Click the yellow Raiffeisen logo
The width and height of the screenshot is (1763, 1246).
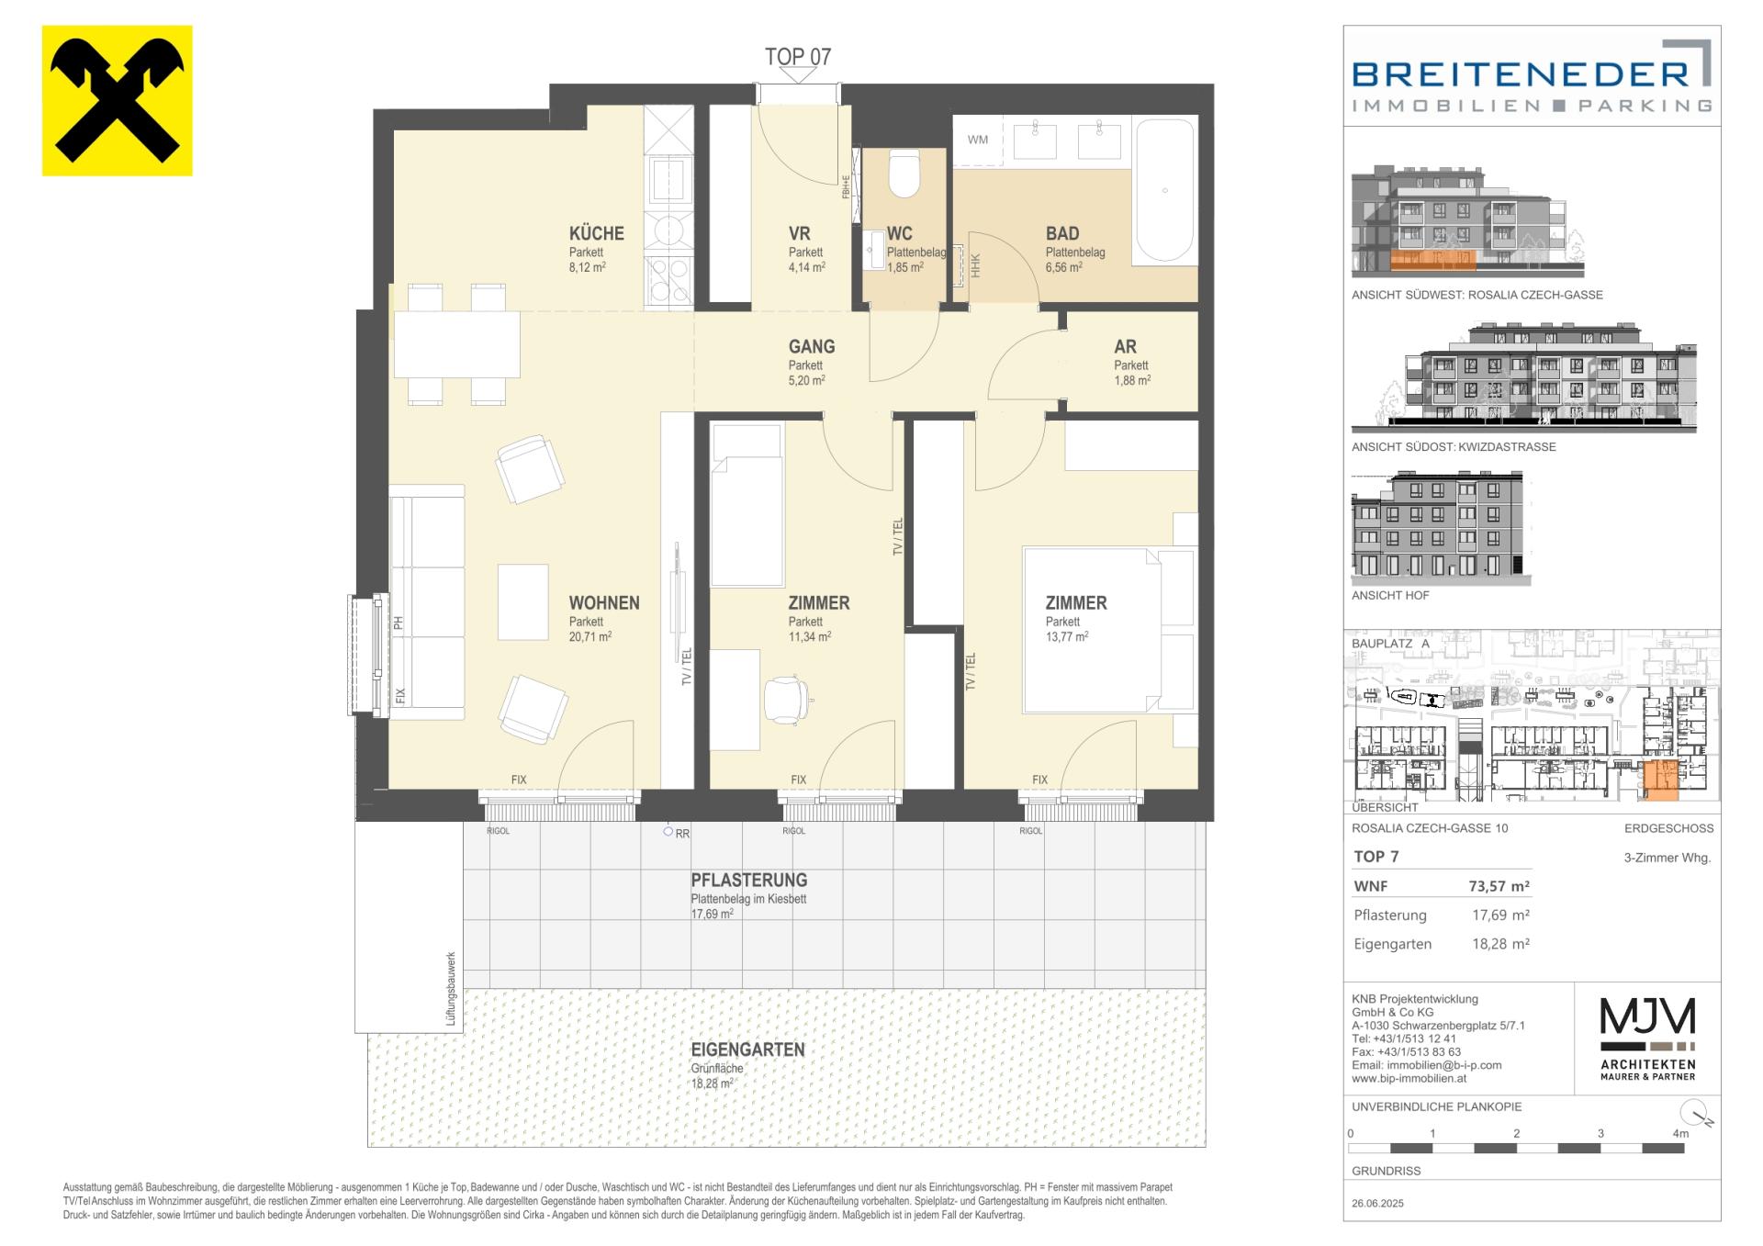(x=118, y=101)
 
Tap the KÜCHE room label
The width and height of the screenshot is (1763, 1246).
(x=596, y=233)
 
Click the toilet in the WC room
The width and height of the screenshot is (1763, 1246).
(x=904, y=174)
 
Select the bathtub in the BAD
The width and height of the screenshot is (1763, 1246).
(x=1165, y=192)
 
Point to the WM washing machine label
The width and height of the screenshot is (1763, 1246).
(x=978, y=140)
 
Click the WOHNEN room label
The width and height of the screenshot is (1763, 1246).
(x=604, y=603)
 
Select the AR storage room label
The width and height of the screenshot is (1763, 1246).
(x=1125, y=347)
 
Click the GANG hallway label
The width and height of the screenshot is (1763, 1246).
(x=812, y=347)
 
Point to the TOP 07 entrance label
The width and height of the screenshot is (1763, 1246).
(x=798, y=57)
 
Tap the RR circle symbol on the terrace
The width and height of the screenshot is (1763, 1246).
(x=668, y=832)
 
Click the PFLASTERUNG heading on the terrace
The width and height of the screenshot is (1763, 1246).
(x=749, y=880)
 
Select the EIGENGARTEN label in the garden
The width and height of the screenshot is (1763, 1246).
(x=748, y=1050)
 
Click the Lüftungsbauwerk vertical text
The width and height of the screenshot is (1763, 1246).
(x=451, y=990)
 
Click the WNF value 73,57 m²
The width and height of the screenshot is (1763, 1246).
(x=1499, y=887)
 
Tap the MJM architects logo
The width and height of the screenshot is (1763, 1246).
(x=1648, y=1038)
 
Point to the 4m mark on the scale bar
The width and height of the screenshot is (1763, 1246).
(x=1680, y=1134)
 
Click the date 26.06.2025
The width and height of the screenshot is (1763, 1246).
(x=1377, y=1203)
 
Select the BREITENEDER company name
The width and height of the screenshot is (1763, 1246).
(x=1521, y=73)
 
